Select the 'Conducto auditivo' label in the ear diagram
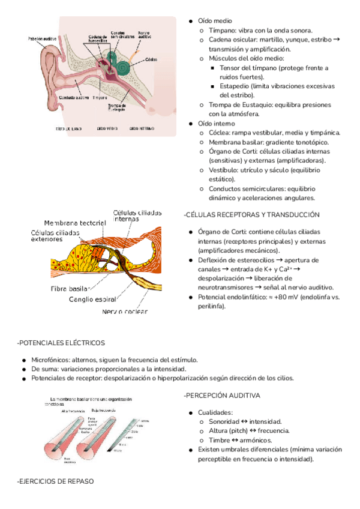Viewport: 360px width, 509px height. [74, 97]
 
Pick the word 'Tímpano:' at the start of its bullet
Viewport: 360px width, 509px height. [223, 30]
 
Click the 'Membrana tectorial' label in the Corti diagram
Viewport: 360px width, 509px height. [75, 222]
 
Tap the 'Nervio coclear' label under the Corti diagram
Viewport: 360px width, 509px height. [125, 311]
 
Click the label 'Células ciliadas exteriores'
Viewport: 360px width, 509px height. [55, 235]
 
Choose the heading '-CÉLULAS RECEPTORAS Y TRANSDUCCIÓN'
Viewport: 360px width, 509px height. [251, 214]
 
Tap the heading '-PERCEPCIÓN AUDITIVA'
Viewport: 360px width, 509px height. [222, 396]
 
